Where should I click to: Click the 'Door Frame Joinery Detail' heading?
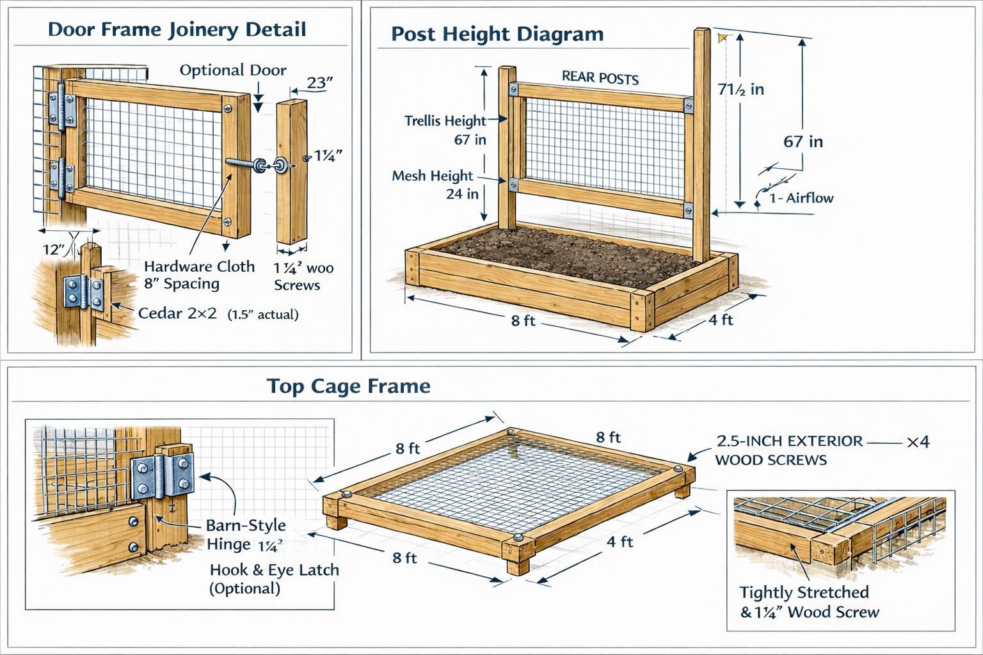point(177,29)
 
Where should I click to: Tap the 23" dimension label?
point(319,83)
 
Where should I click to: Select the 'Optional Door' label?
point(232,70)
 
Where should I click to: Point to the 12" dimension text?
point(54,249)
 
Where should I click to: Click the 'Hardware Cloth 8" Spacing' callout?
point(198,275)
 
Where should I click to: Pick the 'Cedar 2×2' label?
point(177,313)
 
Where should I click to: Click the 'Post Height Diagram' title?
point(497,34)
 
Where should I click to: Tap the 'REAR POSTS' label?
point(600,78)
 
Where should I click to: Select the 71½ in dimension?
point(740,90)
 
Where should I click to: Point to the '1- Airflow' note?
point(801,198)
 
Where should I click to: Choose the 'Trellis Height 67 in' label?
point(446,130)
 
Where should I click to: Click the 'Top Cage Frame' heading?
point(348,386)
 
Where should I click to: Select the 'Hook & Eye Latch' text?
point(274,570)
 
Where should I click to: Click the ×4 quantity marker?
point(918,441)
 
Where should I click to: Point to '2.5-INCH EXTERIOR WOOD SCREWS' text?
point(788,450)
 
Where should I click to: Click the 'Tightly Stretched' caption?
point(804,592)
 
